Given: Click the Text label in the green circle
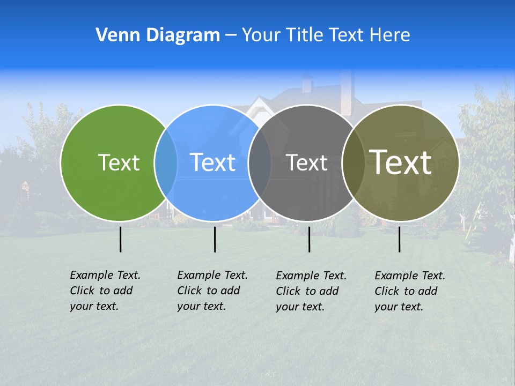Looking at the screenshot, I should [x=119, y=162].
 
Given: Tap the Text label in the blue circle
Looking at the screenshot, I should [x=213, y=162].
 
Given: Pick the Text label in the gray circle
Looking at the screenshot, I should [x=306, y=162].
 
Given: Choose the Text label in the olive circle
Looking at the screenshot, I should [x=401, y=162].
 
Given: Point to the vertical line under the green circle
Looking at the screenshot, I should [x=120, y=239].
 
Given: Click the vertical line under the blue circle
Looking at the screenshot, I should [x=215, y=239].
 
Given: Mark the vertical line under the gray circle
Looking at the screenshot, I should [x=309, y=239].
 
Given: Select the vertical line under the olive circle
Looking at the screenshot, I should [x=399, y=239].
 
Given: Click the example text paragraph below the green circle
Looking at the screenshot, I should [x=105, y=291].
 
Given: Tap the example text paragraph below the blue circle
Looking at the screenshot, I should [x=212, y=291].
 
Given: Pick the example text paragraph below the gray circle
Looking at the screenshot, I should [x=311, y=291].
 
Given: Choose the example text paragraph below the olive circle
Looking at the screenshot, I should [x=409, y=291].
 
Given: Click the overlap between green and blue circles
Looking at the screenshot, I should [x=166, y=163].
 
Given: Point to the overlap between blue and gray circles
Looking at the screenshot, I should [x=260, y=163].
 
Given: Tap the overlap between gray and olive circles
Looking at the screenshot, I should [x=354, y=163].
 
